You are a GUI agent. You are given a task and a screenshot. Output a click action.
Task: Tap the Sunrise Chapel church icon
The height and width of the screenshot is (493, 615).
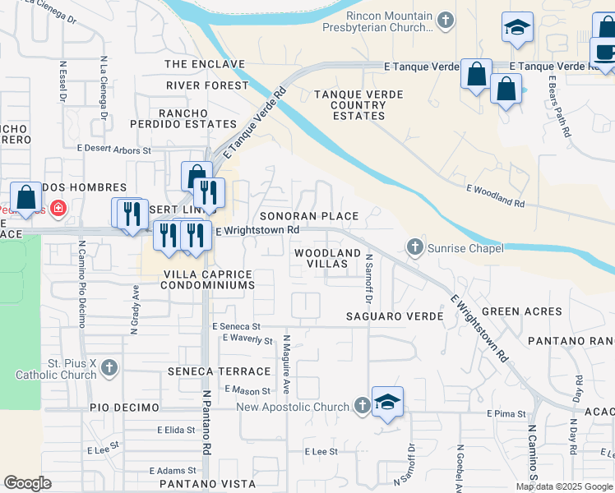point(415,246)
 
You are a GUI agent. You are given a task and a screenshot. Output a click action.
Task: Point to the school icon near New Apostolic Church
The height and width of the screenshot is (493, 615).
point(387,402)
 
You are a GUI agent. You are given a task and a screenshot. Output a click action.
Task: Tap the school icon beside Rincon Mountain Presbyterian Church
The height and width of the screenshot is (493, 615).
point(517,28)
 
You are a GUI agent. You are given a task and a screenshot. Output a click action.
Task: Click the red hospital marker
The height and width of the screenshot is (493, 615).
point(58,208)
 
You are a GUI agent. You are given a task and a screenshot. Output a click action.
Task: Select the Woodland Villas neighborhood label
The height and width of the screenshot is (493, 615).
point(327,259)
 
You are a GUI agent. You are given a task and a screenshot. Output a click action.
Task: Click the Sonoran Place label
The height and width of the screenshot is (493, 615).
point(309,216)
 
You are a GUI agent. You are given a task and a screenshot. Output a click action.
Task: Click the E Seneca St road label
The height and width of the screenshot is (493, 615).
point(235,326)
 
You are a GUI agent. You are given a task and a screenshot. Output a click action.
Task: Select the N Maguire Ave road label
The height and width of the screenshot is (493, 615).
point(287,362)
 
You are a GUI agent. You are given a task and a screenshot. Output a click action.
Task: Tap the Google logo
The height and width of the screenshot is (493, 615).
point(27,483)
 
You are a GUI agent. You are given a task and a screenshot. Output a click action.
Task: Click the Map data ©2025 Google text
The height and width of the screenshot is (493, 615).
point(565,486)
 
